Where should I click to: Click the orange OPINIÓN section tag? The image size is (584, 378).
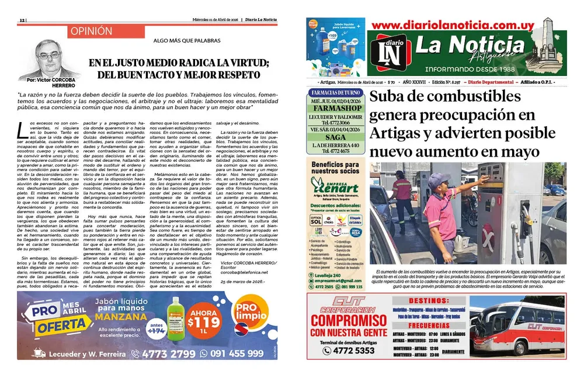[x=90, y=31]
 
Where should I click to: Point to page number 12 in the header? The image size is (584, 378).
[x=22, y=19]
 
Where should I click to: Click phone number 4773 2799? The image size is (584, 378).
[x=169, y=353]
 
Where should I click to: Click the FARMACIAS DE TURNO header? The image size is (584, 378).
[x=335, y=93]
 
